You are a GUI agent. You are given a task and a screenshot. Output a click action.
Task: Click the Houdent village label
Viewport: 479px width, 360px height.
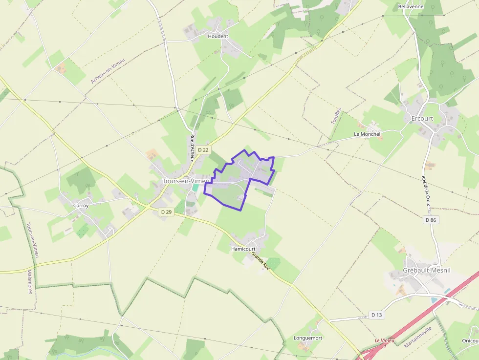point(218,36)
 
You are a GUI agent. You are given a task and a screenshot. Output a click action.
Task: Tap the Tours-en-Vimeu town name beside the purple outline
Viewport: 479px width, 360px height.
point(182,181)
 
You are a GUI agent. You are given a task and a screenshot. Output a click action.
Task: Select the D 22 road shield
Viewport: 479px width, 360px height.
point(203,150)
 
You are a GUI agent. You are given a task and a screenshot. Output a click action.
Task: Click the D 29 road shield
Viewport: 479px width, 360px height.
point(166,212)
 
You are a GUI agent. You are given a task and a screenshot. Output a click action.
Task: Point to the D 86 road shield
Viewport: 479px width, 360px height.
point(430,220)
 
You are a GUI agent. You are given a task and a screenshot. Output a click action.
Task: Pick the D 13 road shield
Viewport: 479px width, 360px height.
point(376,315)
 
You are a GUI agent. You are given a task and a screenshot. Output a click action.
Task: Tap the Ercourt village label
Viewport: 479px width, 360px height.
point(422,119)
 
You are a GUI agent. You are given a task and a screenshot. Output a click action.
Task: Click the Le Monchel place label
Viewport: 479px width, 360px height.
point(367,134)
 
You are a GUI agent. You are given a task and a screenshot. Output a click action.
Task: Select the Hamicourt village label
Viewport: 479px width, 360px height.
point(243,249)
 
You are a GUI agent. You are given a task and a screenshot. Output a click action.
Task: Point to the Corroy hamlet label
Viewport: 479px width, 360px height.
point(81,206)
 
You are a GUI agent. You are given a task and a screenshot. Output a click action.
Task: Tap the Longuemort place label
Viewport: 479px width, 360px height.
point(308,338)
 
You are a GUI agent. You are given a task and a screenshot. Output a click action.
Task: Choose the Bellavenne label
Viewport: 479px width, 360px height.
point(411,7)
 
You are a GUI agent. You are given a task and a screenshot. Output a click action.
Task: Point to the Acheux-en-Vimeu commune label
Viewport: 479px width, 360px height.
point(108,71)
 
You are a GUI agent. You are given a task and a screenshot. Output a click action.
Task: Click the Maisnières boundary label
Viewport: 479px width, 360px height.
point(30,281)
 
